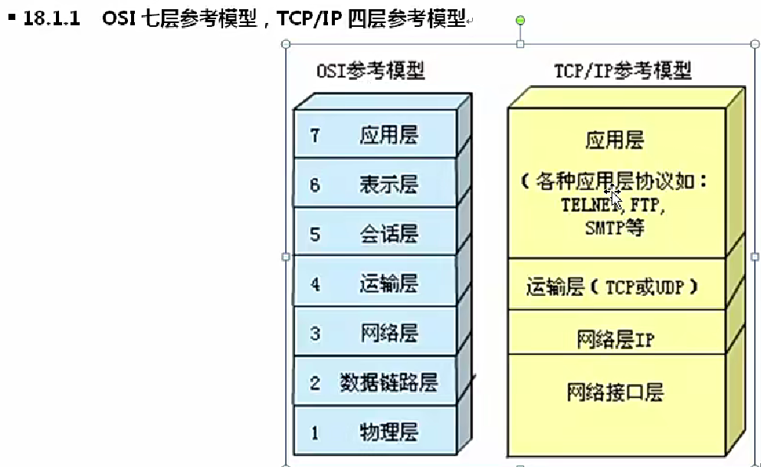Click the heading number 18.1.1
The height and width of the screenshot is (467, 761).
pos(52,18)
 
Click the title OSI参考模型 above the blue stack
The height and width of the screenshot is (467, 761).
pos(370,71)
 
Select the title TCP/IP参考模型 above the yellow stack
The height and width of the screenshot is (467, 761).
pos(622,71)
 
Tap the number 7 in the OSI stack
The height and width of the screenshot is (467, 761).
pos(315,135)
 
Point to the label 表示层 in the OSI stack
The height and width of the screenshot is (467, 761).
pos(389,185)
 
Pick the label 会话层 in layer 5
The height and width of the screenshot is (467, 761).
pos(389,235)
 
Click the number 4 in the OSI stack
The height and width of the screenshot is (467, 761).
pos(315,284)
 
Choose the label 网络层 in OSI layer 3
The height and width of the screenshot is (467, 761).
pos(389,334)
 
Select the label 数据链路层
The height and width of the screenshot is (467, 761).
pos(389,383)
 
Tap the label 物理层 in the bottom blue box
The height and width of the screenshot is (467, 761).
pos(389,432)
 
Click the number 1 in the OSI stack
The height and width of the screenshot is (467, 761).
pos(315,432)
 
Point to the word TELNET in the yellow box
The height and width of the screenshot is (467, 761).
pos(591,206)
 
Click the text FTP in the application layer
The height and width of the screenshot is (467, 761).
pos(648,206)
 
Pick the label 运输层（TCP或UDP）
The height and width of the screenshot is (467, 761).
pos(614,287)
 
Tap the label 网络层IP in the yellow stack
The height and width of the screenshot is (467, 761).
pos(615,339)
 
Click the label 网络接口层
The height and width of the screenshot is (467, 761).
pos(615,393)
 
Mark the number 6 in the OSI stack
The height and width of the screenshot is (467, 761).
pos(315,185)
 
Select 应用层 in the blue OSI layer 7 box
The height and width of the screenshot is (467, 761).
pos(389,136)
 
